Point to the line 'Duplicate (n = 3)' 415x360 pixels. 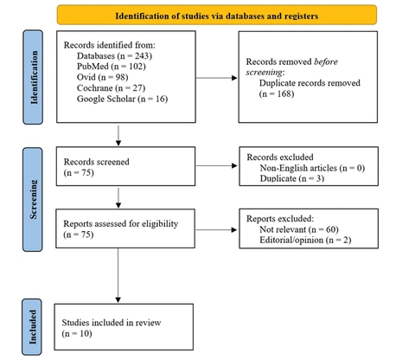point(292,177)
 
